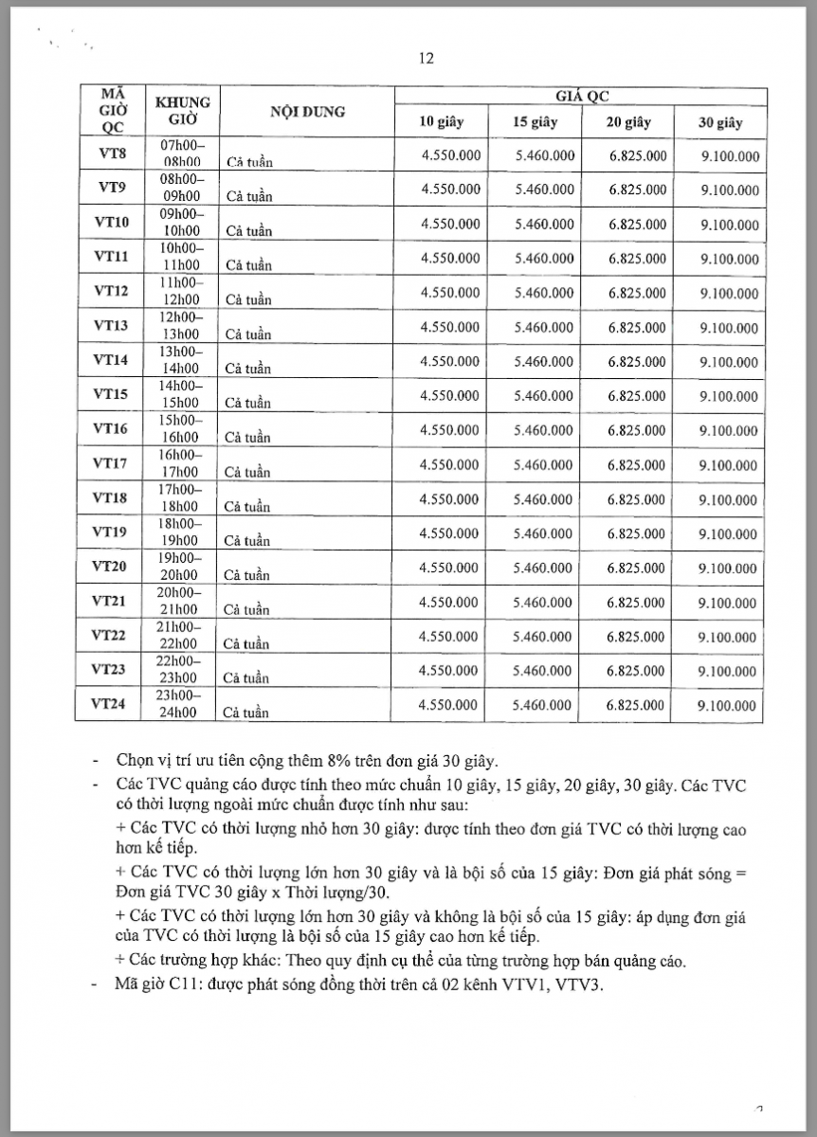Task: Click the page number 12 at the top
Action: coord(426,59)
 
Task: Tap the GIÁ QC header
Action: coord(581,98)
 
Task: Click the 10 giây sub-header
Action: coord(443,122)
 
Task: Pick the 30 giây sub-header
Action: coord(720,123)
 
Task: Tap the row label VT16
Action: coord(110,429)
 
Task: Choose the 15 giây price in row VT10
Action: coord(544,225)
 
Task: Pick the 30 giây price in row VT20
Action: coord(729,568)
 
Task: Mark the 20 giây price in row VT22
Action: coord(637,637)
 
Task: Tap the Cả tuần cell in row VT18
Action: coord(247,507)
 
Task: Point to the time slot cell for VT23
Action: coord(180,669)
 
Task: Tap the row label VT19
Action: coord(110,532)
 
